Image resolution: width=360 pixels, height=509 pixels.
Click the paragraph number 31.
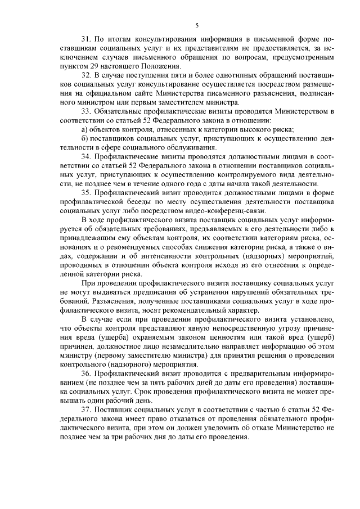tap(86, 41)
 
